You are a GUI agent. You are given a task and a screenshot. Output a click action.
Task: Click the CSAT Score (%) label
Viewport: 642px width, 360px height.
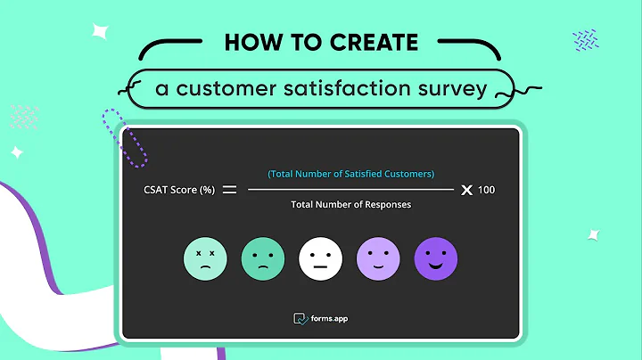click(x=178, y=190)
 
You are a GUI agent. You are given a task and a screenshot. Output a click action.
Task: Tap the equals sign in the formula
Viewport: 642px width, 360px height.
click(x=229, y=190)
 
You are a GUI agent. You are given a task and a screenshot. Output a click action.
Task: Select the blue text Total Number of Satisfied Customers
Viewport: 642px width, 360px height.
click(x=350, y=174)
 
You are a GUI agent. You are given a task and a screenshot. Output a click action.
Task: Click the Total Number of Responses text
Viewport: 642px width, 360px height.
click(x=350, y=205)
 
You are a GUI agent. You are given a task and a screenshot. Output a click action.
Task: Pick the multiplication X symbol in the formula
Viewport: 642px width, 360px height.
click(x=465, y=190)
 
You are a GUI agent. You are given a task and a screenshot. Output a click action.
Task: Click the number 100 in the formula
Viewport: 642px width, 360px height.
click(x=486, y=190)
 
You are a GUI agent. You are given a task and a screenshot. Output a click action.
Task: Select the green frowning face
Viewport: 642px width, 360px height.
click(x=263, y=258)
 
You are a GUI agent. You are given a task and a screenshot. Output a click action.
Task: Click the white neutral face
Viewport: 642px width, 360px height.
click(x=320, y=258)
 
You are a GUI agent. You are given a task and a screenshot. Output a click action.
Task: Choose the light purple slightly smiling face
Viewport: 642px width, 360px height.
click(x=378, y=258)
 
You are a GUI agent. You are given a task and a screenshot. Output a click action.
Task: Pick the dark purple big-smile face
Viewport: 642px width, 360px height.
click(x=436, y=258)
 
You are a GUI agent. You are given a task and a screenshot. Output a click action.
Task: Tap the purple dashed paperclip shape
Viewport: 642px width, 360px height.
click(x=125, y=138)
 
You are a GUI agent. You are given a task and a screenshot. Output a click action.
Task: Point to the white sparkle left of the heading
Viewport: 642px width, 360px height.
click(x=100, y=32)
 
